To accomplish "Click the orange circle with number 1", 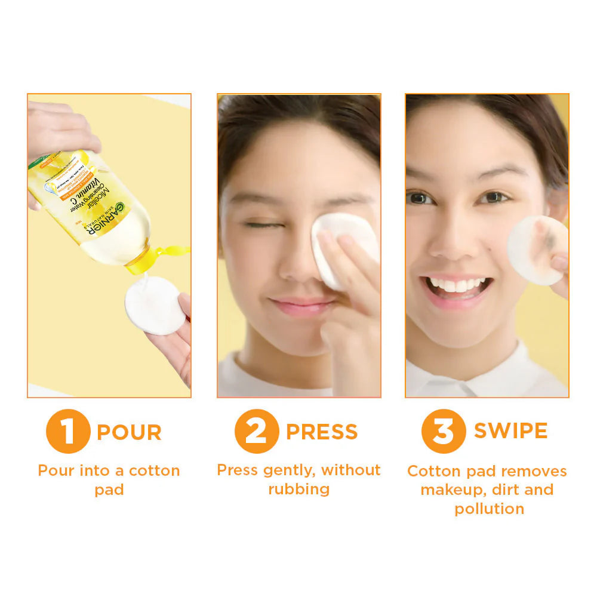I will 67,431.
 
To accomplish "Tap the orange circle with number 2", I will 256,431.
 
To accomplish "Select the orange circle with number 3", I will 443,431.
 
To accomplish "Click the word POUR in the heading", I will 129,433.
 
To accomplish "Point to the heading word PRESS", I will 322,432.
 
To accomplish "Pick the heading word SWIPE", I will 510,431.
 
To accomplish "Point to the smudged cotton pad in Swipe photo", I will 537,250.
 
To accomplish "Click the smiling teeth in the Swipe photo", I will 457,285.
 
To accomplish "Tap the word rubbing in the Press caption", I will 298,490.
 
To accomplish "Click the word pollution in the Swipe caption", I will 489,509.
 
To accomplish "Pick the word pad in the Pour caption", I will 109,490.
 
